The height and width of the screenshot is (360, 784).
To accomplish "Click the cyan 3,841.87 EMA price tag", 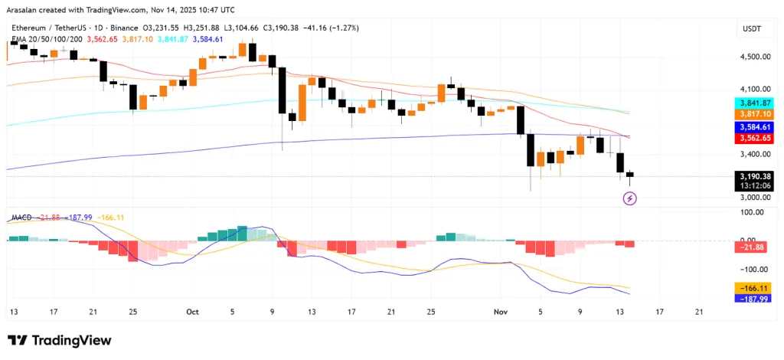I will pos(754,103).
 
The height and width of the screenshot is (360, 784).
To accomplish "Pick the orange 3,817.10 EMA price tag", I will pos(754,113).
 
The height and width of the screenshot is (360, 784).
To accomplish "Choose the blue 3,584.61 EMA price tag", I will pos(754,127).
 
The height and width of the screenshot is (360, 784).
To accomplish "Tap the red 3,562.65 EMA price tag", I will pos(754,138).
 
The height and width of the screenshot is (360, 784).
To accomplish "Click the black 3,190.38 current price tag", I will pos(754,175).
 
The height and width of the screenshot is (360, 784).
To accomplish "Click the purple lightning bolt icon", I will pos(629,198).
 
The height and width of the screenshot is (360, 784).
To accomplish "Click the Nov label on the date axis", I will pos(501,312).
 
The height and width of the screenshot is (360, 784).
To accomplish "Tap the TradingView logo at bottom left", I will pos(60,340).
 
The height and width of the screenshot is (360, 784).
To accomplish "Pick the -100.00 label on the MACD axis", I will pos(754,269).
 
